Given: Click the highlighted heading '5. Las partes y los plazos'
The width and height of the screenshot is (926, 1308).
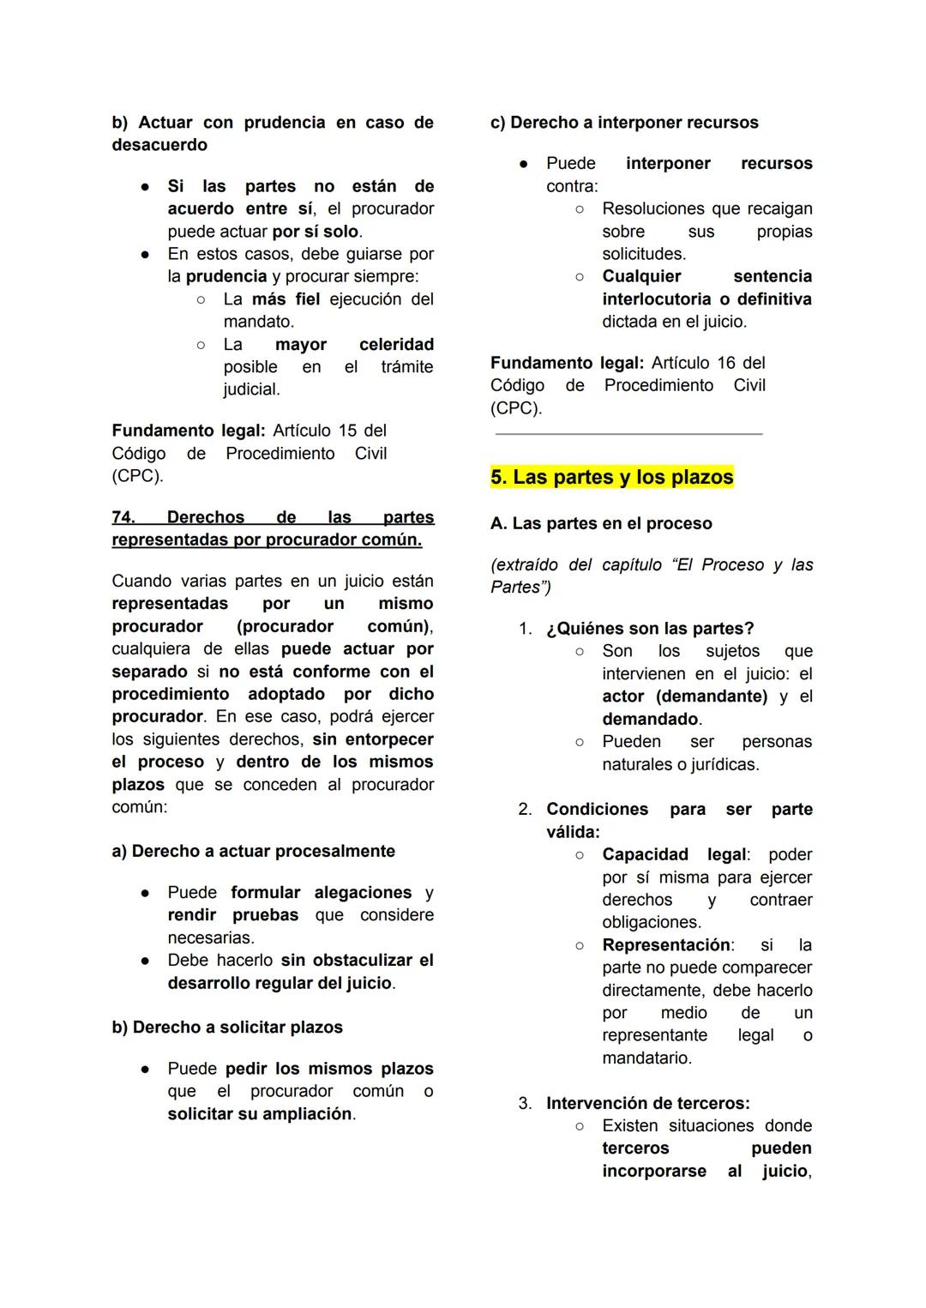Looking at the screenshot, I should click(x=611, y=478).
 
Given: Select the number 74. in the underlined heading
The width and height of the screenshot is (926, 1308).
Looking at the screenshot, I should click(x=123, y=518).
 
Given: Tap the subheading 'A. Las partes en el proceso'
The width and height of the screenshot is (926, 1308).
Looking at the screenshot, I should click(x=600, y=524).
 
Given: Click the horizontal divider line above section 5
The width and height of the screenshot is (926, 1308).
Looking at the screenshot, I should click(x=628, y=435).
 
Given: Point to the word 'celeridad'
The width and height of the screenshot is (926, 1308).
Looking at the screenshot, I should click(x=396, y=345).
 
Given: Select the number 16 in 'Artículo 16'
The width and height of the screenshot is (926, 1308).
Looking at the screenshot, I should click(x=726, y=364).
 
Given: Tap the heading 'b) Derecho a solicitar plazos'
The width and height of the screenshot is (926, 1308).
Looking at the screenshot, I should click(x=227, y=1028).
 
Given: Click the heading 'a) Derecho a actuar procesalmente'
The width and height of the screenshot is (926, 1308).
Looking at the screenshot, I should click(x=253, y=852).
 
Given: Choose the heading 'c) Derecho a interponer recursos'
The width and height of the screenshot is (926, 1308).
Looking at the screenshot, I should click(x=624, y=123).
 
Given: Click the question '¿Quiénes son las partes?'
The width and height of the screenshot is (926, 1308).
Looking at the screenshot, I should click(x=650, y=630).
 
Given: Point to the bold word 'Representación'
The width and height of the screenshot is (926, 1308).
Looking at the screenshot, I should click(x=666, y=945).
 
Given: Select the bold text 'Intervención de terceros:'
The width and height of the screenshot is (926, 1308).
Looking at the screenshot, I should click(x=647, y=1104).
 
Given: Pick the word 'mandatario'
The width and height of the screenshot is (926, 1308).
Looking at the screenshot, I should click(x=646, y=1058).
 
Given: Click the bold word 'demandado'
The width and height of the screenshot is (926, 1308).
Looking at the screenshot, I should click(x=650, y=720).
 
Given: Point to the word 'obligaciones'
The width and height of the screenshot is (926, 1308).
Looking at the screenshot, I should click(x=651, y=923).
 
